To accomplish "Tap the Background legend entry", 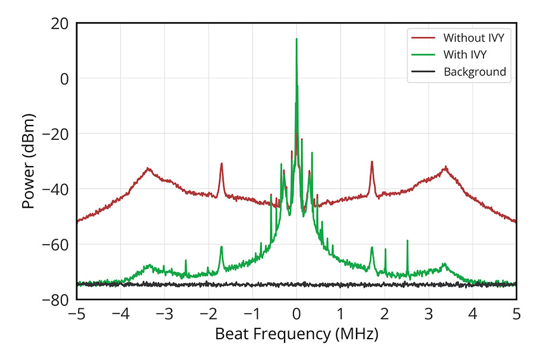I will point(475,72).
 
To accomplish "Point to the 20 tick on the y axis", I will point(60,23).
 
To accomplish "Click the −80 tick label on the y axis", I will point(55,299).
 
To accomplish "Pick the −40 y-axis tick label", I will point(55,189).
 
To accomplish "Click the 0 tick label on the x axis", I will point(297,314).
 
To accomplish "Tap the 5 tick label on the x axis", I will point(516,314).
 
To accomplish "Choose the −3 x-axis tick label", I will point(163,314).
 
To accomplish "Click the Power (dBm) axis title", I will point(27,161).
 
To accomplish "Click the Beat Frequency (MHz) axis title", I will point(296,334).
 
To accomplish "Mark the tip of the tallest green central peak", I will point(297,39).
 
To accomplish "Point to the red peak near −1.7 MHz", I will point(221,164).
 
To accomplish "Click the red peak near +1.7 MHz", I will point(372,162).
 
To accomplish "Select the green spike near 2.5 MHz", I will point(407,241).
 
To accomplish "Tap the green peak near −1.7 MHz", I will point(221,247).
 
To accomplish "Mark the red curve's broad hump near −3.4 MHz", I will point(148,169).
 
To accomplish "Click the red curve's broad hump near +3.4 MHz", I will point(445,168).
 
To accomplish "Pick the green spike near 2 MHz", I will point(385,249).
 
